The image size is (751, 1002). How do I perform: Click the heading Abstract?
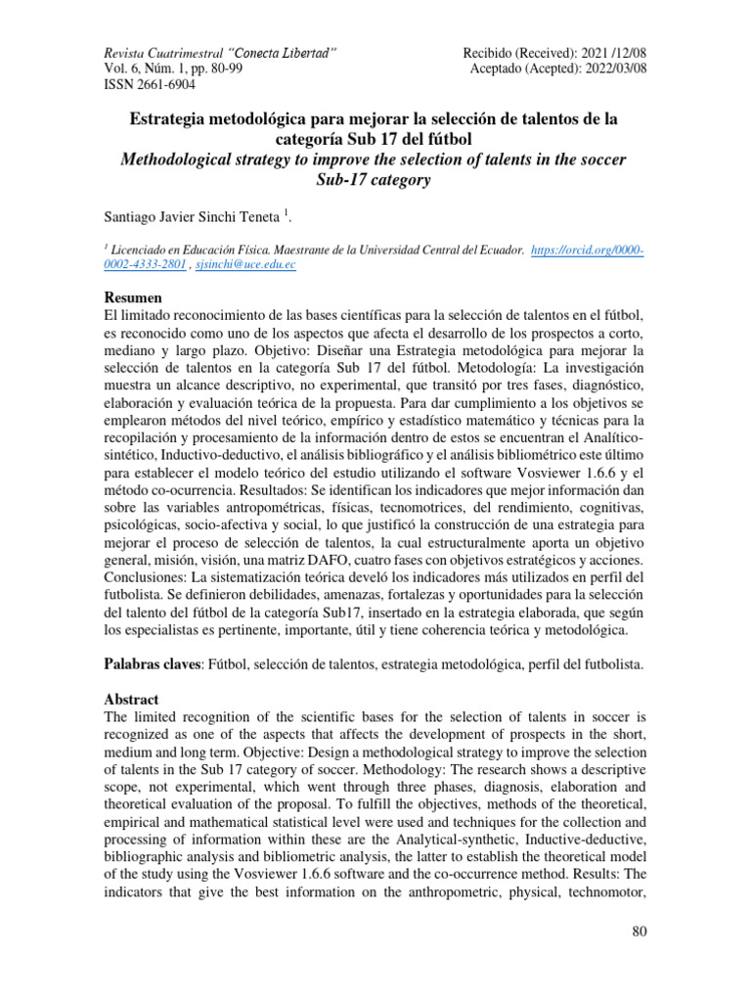click(132, 701)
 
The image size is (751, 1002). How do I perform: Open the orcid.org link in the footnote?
click(588, 250)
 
